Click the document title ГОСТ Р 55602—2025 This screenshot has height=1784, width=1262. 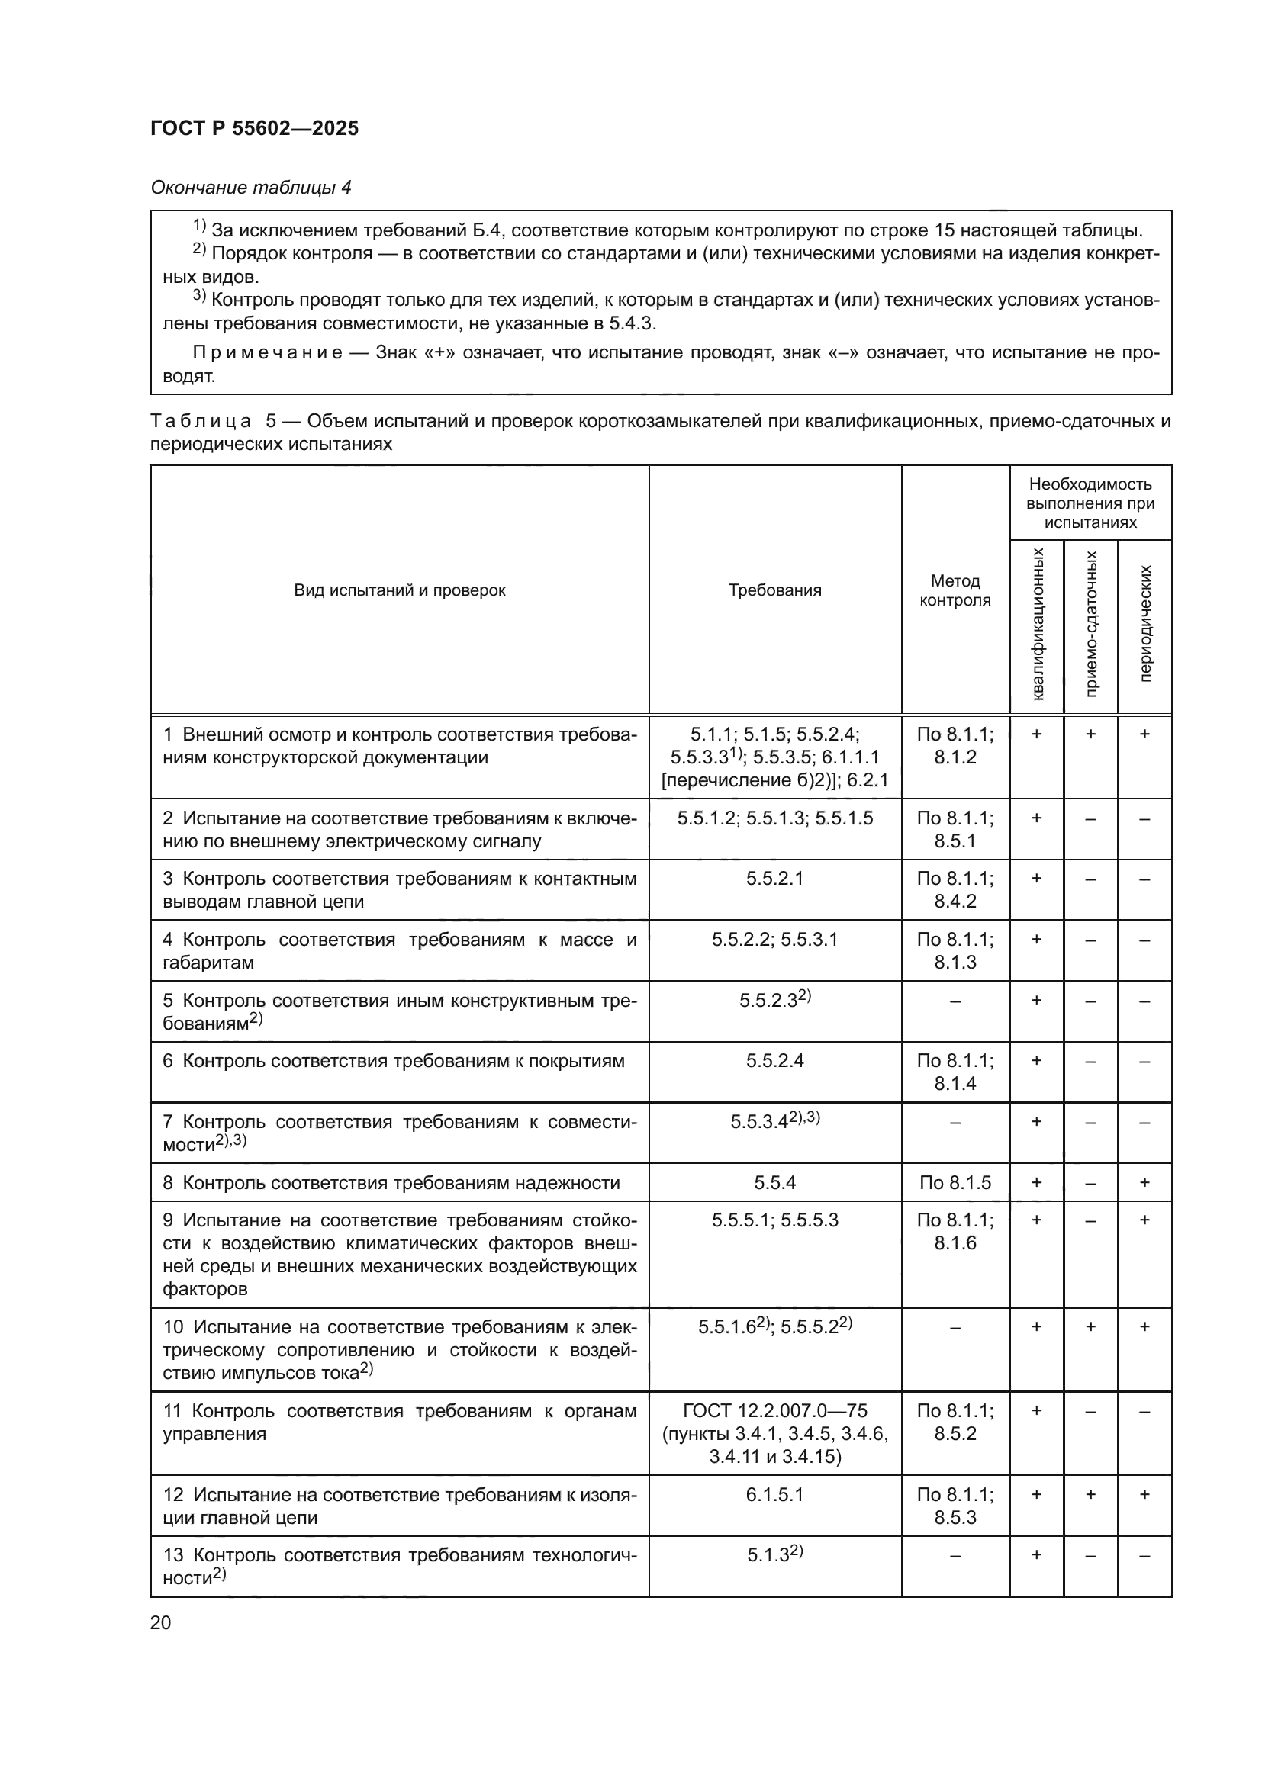coord(254,128)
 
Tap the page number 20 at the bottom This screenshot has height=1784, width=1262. coord(161,1622)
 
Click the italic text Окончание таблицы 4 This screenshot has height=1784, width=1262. coord(250,188)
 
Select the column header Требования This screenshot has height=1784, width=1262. coord(774,590)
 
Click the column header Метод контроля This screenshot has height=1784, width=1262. coord(955,590)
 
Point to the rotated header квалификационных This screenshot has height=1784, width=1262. coord(1038,624)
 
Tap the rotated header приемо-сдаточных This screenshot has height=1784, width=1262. coord(1091,624)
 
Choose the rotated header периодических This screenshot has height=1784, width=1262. coord(1144,624)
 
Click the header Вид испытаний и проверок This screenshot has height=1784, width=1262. coord(399,590)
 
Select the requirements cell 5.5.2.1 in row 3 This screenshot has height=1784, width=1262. coord(774,879)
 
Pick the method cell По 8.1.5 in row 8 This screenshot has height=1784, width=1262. coord(955,1183)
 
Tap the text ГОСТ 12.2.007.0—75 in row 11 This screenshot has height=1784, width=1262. coord(774,1410)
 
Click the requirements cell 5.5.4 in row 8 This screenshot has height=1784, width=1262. coord(774,1183)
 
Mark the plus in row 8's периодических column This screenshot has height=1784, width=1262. coord(1144,1183)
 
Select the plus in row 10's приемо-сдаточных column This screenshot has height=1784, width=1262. coord(1091,1327)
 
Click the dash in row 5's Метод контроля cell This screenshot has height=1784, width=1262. coord(955,1001)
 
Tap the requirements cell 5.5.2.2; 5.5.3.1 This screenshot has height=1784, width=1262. coord(774,940)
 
